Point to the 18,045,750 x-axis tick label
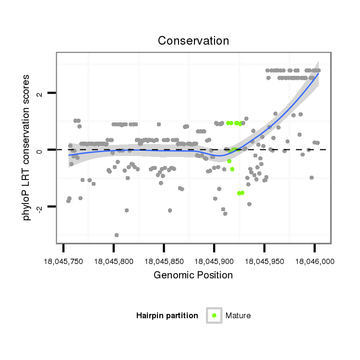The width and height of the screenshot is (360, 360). (x=63, y=262)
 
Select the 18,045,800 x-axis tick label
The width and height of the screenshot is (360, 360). (x=113, y=262)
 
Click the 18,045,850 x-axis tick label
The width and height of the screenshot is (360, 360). (x=164, y=262)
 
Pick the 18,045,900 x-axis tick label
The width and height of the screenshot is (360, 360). (x=214, y=262)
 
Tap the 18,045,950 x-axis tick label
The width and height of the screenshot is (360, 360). (x=264, y=262)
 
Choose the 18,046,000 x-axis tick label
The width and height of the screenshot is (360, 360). (x=315, y=262)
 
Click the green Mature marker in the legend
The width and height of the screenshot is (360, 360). (x=214, y=315)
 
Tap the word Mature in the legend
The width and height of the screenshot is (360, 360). (x=238, y=315)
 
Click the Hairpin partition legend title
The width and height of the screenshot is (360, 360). (x=167, y=315)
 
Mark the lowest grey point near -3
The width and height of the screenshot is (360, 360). (x=117, y=235)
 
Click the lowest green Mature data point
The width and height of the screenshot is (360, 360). (x=239, y=193)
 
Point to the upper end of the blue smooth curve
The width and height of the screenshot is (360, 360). (x=318, y=73)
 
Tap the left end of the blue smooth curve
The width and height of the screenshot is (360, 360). (x=69, y=155)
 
